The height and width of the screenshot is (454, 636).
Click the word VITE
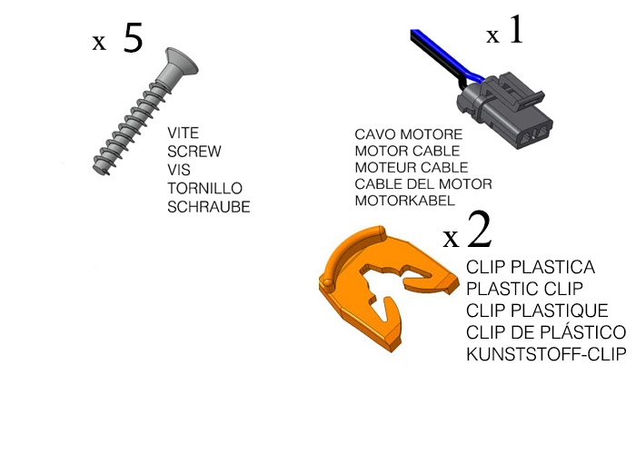[183, 133]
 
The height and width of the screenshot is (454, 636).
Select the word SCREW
[194, 152]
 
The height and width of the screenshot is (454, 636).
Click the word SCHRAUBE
[208, 207]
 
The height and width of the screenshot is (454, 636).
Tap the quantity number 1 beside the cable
[515, 34]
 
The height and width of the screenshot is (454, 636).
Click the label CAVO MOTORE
[402, 134]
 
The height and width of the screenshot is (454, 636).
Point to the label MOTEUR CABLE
[411, 167]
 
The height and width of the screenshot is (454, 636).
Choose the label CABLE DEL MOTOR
[422, 183]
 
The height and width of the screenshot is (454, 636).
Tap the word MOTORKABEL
[402, 200]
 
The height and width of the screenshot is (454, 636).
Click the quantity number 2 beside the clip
[478, 232]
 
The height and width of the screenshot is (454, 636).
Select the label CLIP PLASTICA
[531, 268]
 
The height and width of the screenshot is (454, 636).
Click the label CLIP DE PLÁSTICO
[545, 332]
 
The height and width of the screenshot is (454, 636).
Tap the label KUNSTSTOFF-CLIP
[545, 354]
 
